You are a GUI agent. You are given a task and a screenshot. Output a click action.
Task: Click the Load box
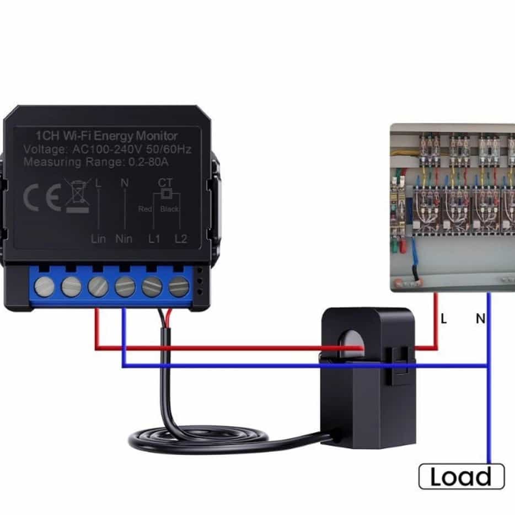(x=462, y=476)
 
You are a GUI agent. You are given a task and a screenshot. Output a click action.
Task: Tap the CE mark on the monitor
(x=42, y=198)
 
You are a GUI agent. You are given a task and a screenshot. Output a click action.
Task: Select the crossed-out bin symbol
(x=78, y=196)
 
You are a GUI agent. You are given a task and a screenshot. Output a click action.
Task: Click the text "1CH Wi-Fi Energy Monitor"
(x=106, y=136)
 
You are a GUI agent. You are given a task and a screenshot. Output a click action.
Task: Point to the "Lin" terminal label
(x=98, y=239)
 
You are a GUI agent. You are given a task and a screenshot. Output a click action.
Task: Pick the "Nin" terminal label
(x=124, y=239)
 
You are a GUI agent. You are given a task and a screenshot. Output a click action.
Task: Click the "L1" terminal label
(x=154, y=239)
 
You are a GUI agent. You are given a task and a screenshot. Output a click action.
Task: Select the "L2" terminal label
(x=181, y=239)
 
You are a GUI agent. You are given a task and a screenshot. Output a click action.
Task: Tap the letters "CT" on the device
(x=165, y=183)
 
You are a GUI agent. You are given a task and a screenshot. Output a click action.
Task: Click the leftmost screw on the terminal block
(x=44, y=286)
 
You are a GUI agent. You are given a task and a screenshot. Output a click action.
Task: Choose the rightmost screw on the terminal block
(x=179, y=286)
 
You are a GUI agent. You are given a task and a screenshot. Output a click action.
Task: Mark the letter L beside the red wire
(x=444, y=318)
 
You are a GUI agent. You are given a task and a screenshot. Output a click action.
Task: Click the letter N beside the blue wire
(x=480, y=318)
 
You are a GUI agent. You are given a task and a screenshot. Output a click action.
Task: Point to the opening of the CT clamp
(x=351, y=345)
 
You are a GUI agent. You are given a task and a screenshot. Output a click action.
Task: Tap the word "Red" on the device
(x=145, y=209)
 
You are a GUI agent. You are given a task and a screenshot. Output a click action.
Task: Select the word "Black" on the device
(x=170, y=209)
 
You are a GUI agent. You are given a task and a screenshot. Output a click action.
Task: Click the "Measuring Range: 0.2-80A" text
(x=96, y=162)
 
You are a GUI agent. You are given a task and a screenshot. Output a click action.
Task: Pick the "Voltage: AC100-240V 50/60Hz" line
(x=108, y=149)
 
